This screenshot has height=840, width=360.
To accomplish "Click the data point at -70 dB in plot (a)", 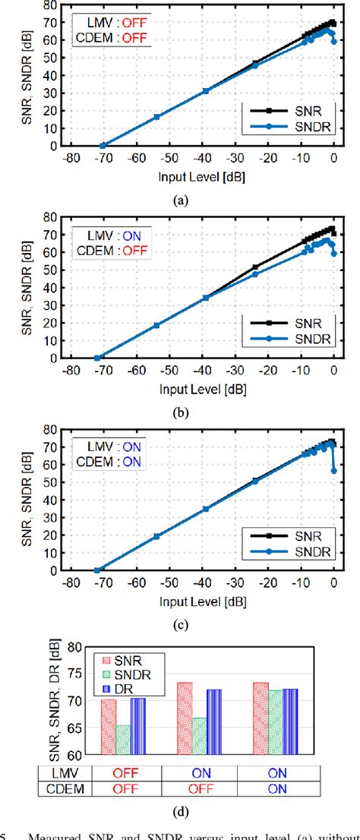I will tap(103, 145).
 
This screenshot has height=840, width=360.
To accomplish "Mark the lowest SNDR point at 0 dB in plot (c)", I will tap(334, 471).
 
